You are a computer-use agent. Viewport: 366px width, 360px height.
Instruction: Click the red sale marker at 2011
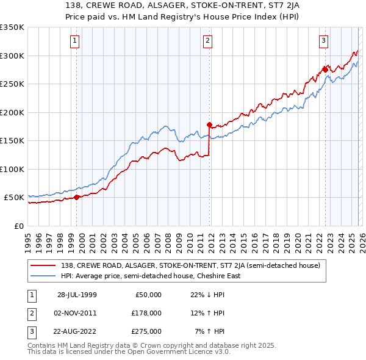pyautogui.click(x=209, y=125)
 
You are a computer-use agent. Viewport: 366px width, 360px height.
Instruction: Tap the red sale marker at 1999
pyautogui.click(x=77, y=197)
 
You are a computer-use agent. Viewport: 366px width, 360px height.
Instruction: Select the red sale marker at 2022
pyautogui.click(x=325, y=70)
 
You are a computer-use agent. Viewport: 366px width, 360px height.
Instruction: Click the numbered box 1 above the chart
pyautogui.click(x=74, y=41)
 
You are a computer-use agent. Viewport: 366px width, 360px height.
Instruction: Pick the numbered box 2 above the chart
pyautogui.click(x=207, y=41)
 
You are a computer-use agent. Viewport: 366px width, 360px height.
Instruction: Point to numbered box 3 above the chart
pyautogui.click(x=323, y=41)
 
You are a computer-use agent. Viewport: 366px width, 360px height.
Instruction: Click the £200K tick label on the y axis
pyautogui.click(x=12, y=112)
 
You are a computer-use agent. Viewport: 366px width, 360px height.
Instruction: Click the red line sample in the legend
pyautogui.click(x=45, y=265)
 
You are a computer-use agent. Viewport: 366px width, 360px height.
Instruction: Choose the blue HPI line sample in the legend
pyautogui.click(x=45, y=276)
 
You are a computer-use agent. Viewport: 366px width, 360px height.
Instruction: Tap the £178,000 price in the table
pyautogui.click(x=146, y=313)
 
